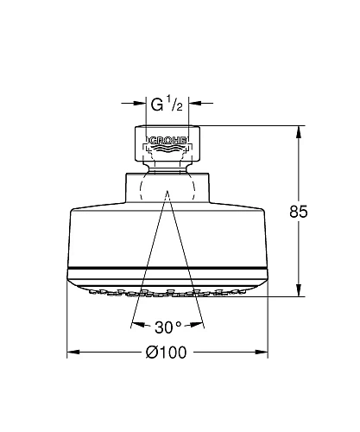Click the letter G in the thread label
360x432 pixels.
coord(156,106)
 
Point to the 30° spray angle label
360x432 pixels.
coord(167,327)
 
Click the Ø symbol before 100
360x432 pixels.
coord(152,353)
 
